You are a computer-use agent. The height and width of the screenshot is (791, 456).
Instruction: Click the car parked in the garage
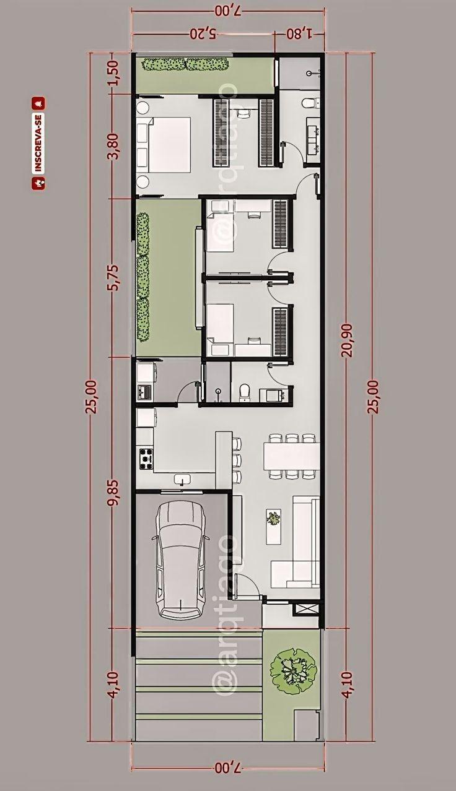pyautogui.click(x=180, y=559)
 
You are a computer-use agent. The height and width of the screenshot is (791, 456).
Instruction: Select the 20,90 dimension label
pyautogui.click(x=350, y=342)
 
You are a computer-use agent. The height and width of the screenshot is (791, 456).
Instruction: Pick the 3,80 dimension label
pyautogui.click(x=113, y=146)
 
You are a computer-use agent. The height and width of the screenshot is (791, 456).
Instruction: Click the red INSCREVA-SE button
pyautogui.click(x=38, y=142)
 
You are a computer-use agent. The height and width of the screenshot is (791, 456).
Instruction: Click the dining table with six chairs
pyautogui.click(x=291, y=457)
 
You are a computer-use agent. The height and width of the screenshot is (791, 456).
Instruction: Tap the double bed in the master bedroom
pyautogui.click(x=166, y=145)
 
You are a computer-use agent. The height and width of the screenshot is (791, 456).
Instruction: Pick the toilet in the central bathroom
pyautogui.click(x=244, y=391)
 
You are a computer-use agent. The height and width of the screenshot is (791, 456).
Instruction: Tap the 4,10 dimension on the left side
pyautogui.click(x=113, y=685)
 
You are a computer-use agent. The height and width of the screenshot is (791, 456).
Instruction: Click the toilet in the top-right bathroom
pyautogui.click(x=309, y=103)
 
